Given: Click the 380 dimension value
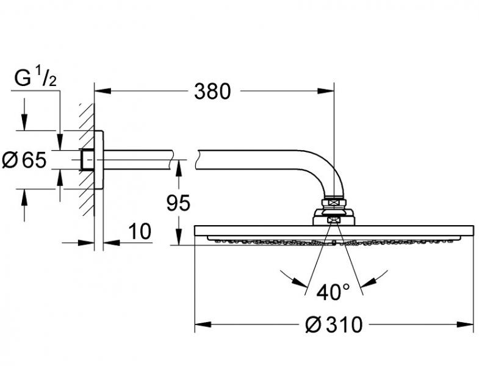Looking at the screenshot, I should point(212,91).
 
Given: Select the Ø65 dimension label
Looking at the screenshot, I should point(24,160).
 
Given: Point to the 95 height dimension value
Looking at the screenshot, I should point(178,203).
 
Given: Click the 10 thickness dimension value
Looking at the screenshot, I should point(140,232).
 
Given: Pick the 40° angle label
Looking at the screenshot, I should point(333,292).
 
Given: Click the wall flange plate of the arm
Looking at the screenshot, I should point(99,160).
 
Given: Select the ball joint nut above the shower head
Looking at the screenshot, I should point(333,203).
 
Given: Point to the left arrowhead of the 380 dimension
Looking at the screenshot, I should point(101,91).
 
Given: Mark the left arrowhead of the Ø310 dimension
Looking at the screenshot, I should point(202,325).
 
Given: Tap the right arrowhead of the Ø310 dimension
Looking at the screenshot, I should point(466,325).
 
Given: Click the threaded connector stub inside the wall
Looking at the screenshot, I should point(87,160).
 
